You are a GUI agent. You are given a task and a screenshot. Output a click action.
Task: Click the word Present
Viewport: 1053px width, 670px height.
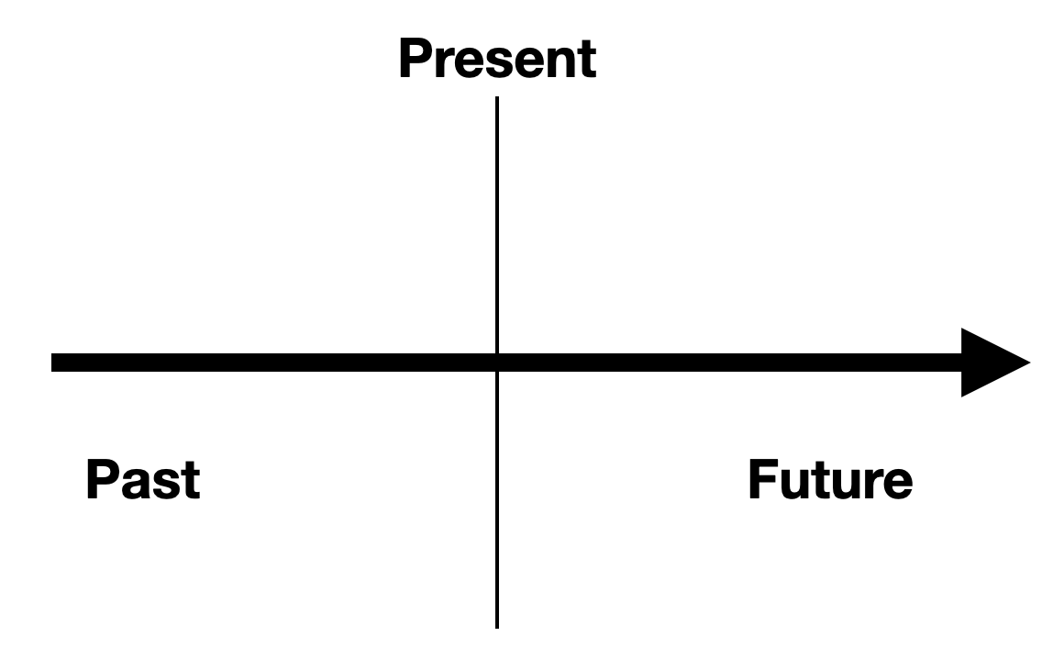pyautogui.click(x=496, y=60)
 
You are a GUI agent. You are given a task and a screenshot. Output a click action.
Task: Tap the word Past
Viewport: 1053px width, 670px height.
pyautogui.click(x=142, y=480)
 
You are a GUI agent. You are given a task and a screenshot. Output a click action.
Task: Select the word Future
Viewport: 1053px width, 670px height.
pyautogui.click(x=830, y=480)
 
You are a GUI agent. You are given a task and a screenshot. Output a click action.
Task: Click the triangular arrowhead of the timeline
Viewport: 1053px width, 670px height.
pyautogui.click(x=992, y=363)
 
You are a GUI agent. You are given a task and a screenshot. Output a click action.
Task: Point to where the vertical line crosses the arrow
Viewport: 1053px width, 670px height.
pyautogui.click(x=497, y=363)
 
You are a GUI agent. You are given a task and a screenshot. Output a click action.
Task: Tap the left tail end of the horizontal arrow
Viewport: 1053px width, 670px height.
pyautogui.click(x=54, y=363)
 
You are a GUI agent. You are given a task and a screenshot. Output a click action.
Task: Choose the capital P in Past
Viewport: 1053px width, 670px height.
pyautogui.click(x=104, y=480)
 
